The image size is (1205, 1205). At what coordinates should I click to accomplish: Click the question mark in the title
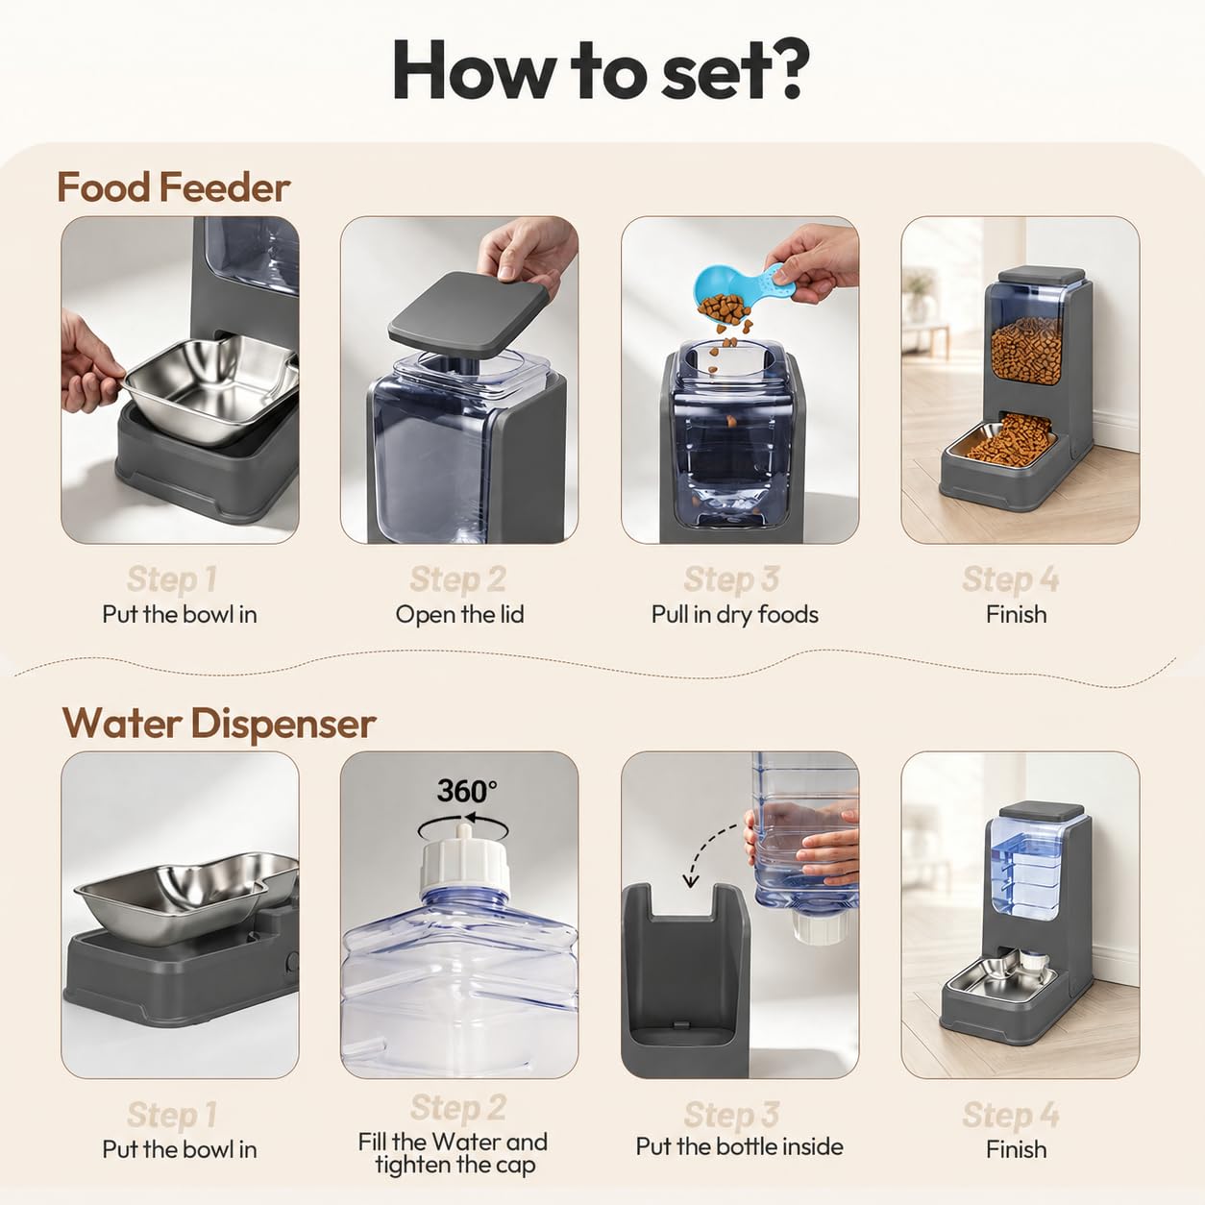point(783,69)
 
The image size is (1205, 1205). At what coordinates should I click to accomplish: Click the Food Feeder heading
point(173,187)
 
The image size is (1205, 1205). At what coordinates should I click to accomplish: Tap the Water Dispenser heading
point(219,724)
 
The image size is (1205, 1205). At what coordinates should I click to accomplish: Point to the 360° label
point(467,791)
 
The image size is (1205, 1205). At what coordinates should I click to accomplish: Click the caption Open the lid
point(459,615)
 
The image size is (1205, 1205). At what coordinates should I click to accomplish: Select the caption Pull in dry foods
point(735,615)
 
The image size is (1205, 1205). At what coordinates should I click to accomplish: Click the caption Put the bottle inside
point(739,1146)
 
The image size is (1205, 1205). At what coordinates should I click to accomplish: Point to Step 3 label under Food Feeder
point(731,579)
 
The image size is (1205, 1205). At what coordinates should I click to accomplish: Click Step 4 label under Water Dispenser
point(1011,1115)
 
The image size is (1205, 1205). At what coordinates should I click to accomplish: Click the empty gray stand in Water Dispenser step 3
point(685,981)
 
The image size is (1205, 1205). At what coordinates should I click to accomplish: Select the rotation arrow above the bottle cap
point(463,827)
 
